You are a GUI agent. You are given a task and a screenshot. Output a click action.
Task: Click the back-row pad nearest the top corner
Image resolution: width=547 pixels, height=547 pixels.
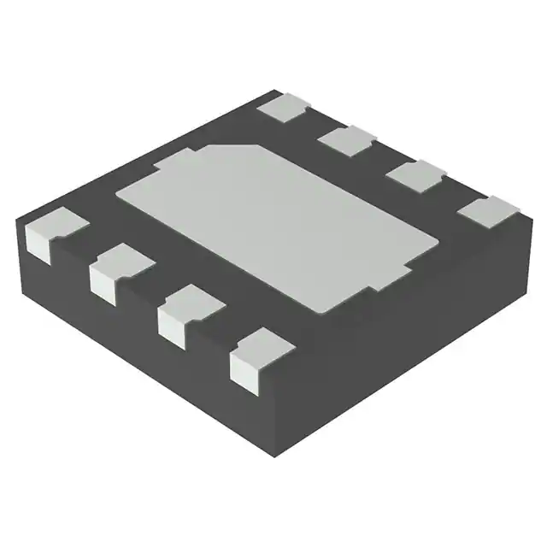(x=285, y=107)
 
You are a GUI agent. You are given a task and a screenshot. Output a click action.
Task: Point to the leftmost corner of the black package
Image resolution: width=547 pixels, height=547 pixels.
(x=18, y=224)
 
